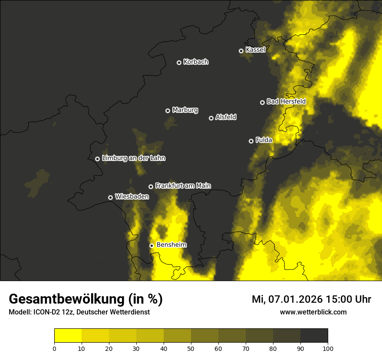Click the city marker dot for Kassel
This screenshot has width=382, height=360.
coord(241,51)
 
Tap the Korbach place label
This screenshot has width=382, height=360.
coord(196,62)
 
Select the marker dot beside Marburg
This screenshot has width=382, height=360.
coord(168,111)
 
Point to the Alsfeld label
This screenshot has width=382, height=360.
coord(226,117)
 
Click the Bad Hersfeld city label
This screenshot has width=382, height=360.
coord(286,101)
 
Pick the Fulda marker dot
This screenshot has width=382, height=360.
coord(251,141)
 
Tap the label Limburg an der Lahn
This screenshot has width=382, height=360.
coord(134,158)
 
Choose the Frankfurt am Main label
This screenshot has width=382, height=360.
coord(183,186)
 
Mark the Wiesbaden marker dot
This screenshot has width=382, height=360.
coord(111,197)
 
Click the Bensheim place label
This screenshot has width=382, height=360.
coord(171,245)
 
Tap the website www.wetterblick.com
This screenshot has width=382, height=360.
coord(313,312)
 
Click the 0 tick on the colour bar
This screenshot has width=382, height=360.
coord(54,348)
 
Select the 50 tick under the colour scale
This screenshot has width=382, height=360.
coord(191,348)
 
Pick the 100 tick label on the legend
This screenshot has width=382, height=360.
coord(328,348)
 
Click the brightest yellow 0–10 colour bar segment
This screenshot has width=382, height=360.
coord(68,336)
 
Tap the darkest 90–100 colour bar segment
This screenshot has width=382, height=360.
coord(314,336)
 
